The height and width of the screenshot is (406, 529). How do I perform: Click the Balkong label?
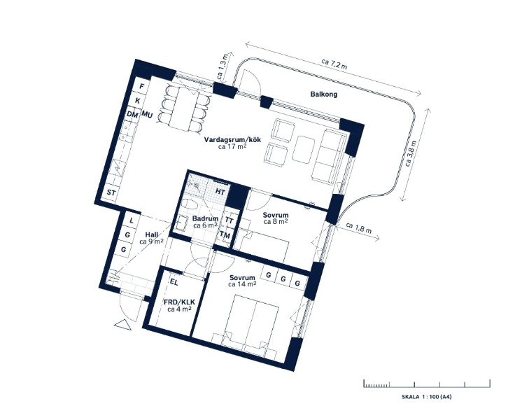pos(323,94)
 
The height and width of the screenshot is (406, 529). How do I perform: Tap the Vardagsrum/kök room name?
pos(232,140)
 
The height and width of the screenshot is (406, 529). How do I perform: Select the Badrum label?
pos(205,218)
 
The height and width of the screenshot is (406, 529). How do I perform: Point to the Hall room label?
pos(151,234)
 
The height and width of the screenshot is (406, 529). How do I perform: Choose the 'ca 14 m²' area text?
pos(242,284)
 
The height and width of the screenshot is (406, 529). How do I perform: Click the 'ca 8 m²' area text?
pos(275,222)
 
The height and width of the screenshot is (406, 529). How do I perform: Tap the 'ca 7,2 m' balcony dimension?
pos(334,64)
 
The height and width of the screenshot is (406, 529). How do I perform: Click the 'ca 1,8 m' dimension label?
pos(359,228)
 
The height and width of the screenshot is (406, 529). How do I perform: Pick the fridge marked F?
pos(142,86)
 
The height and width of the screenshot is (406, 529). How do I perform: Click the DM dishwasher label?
pos(132,115)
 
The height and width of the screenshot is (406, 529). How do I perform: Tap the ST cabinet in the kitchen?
pos(111,193)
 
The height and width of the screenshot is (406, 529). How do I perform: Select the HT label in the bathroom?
pos(220,192)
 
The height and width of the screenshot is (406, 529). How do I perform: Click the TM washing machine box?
pos(225,235)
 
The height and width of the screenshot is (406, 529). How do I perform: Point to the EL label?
pos(174,282)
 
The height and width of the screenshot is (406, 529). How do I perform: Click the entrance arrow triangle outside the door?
pos(123,325)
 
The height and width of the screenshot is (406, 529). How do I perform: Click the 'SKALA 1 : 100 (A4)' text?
pos(426,397)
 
